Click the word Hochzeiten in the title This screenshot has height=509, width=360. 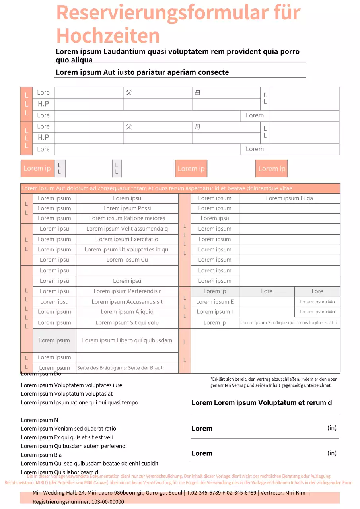point(108,36)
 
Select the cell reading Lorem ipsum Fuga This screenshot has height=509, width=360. point(289,198)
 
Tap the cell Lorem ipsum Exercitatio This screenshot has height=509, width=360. point(127,239)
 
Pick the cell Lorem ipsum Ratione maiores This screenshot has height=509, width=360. point(127,218)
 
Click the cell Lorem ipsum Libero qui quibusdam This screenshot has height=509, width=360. point(127,340)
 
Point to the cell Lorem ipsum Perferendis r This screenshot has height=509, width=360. point(127,291)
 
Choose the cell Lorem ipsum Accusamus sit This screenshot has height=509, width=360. point(127,302)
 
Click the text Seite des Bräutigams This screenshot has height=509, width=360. point(101,368)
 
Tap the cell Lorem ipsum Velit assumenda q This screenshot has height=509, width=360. point(127,229)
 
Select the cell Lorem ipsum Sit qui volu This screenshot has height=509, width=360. point(127,323)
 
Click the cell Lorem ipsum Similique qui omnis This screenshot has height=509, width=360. point(288,323)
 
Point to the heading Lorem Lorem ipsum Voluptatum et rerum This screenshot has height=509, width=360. point(261,403)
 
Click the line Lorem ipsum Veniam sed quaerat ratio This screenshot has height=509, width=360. point(68,429)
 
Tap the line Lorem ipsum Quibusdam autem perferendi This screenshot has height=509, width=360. point(74,446)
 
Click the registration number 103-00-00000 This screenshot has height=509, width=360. point(107,502)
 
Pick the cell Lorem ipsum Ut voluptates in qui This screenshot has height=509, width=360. point(127,250)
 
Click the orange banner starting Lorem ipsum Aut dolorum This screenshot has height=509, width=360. point(180,188)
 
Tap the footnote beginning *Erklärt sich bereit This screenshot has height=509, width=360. point(274,382)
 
